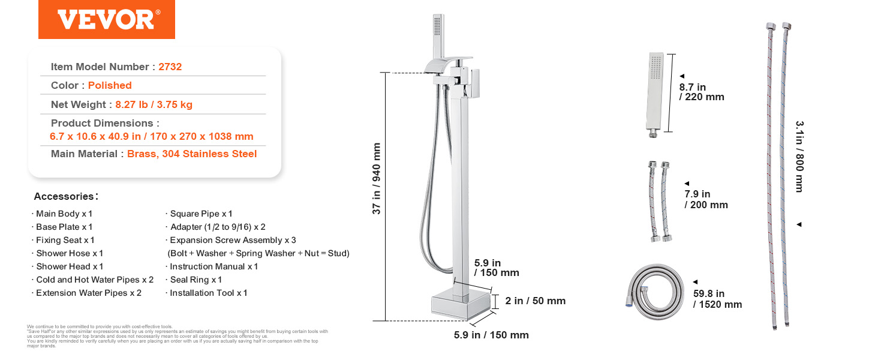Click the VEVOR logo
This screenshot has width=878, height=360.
[x=107, y=19]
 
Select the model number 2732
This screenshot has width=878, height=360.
[x=170, y=67]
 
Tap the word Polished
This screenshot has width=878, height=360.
[x=110, y=85]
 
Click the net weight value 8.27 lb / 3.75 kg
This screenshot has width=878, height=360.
[x=154, y=105]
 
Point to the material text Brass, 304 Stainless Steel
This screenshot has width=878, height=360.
[x=192, y=154]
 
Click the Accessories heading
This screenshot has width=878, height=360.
[x=66, y=196]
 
